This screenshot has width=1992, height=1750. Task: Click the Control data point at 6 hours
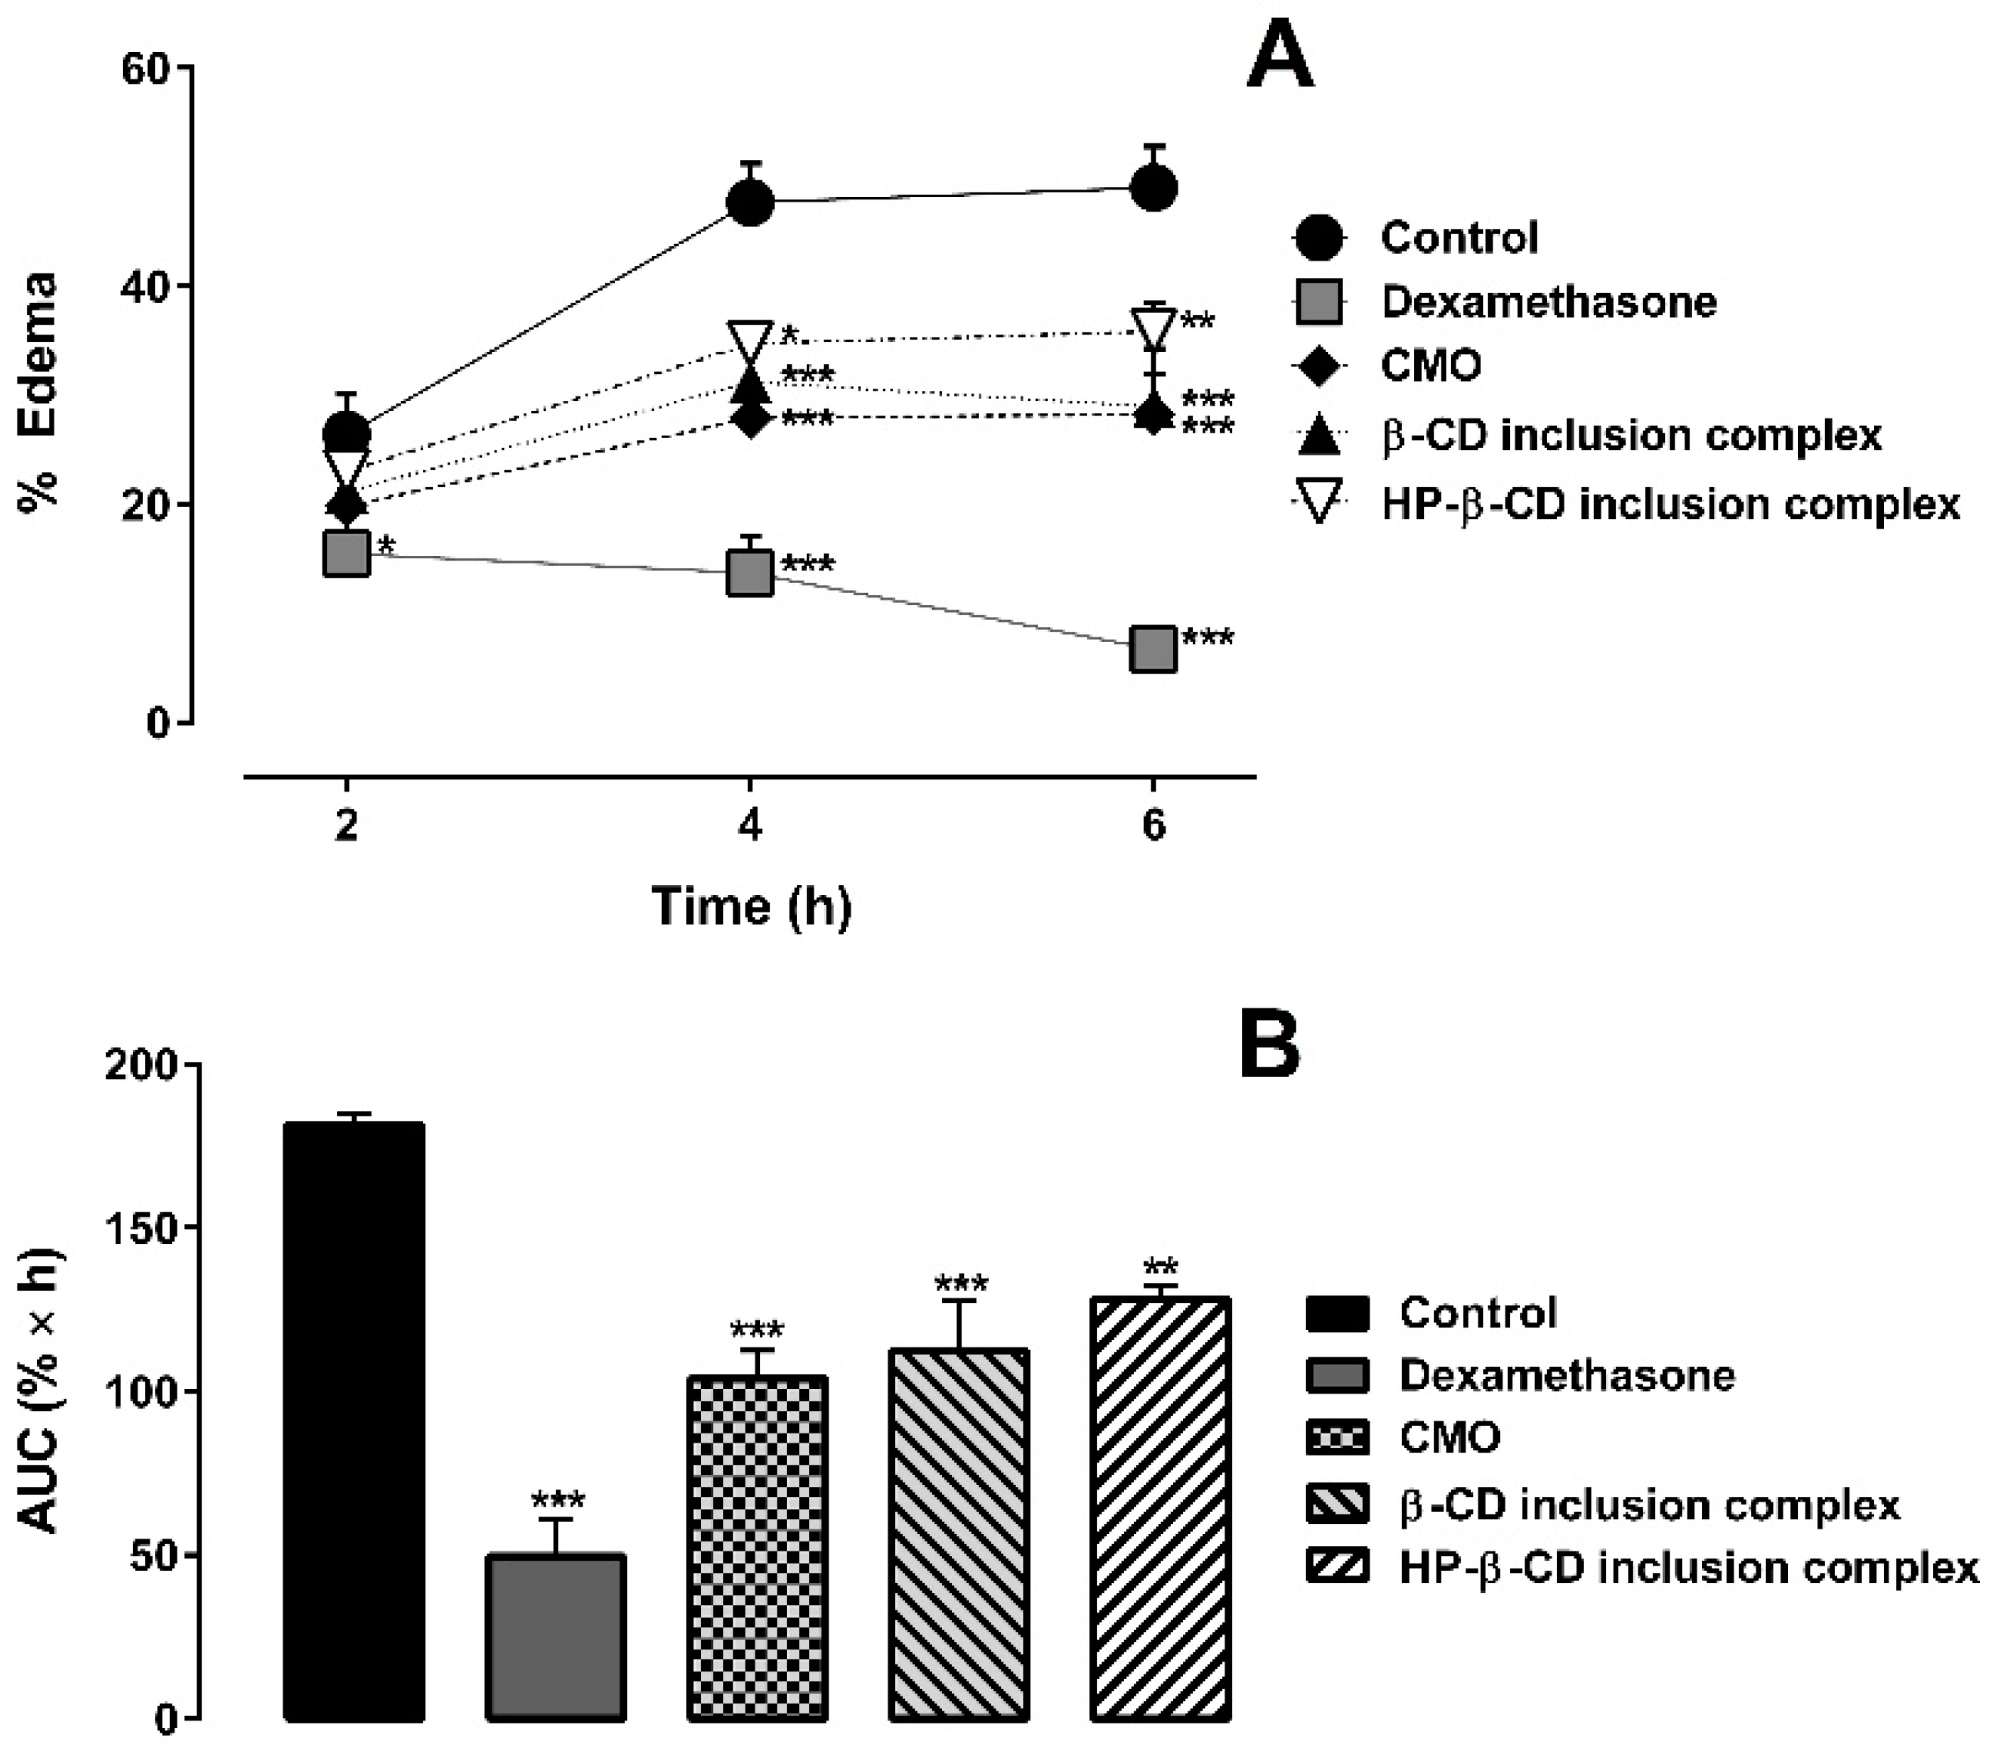(1153, 187)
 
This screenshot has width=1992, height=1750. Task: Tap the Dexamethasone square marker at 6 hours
(1153, 649)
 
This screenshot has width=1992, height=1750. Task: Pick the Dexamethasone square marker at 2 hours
(346, 554)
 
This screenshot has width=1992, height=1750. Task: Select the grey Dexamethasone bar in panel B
(555, 1637)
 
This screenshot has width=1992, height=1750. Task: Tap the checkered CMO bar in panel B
(757, 1548)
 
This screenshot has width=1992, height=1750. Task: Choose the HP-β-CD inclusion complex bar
(1160, 1509)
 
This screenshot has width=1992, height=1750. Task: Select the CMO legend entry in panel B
(1404, 1437)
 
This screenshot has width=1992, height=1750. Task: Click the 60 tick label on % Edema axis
(145, 68)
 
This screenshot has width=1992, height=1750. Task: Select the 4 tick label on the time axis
(749, 826)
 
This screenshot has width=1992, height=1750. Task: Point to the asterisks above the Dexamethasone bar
(557, 1502)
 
